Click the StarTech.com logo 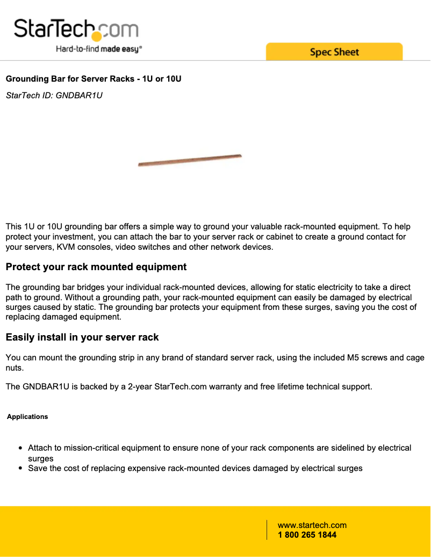(x=76, y=29)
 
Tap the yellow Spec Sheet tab (x=334, y=52)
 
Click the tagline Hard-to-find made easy (x=99, y=49)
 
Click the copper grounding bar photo (x=190, y=160)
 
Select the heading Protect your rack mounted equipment (x=96, y=267)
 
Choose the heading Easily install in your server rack (x=82, y=337)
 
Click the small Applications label (x=27, y=417)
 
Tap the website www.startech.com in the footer (x=312, y=525)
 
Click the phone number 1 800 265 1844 (x=307, y=535)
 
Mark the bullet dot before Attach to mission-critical (x=20, y=448)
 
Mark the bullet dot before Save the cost (x=20, y=468)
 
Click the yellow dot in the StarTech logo (x=97, y=36)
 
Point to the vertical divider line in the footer (x=267, y=530)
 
